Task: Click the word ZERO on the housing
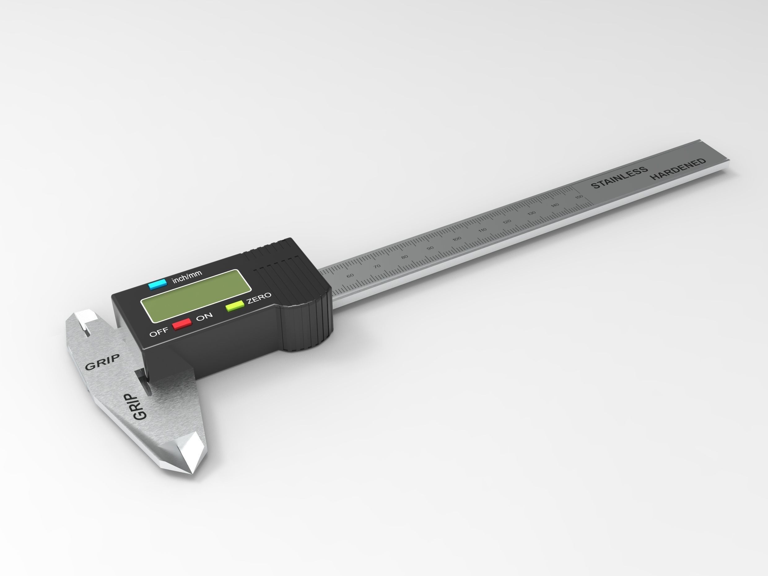[x=259, y=298]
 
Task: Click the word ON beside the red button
[x=204, y=316]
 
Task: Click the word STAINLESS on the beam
[x=619, y=177]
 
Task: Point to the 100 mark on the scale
[x=457, y=239]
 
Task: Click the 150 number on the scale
[x=579, y=197]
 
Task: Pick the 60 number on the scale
[x=350, y=276]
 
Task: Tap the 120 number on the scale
[x=507, y=221]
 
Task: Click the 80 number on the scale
[x=404, y=257]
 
